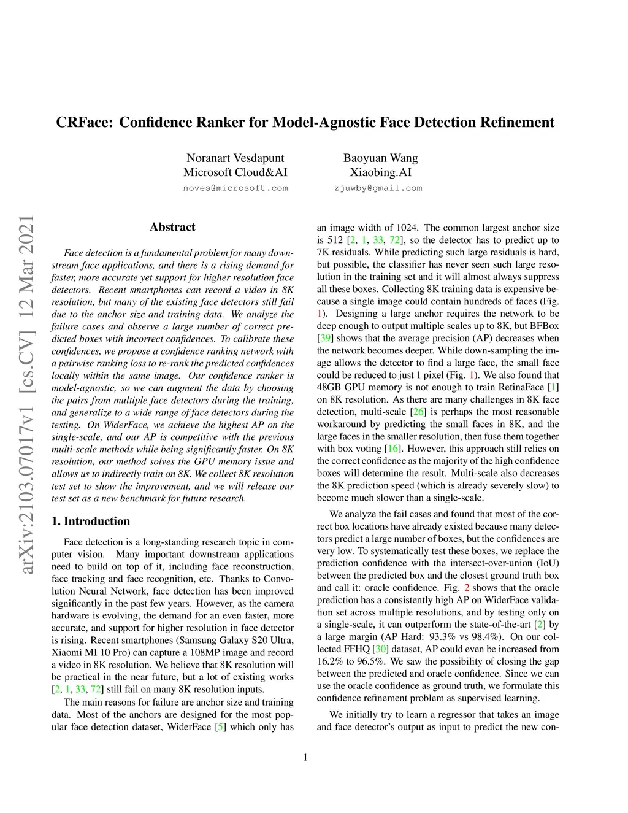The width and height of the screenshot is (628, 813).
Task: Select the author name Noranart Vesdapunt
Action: [235, 158]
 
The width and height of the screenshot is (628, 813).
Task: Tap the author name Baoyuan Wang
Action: [380, 158]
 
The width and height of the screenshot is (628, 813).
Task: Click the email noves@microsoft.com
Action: [235, 188]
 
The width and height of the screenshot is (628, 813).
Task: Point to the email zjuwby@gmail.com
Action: [378, 188]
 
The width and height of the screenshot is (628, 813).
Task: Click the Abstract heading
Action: [172, 227]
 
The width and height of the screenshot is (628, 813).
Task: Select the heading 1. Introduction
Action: [91, 522]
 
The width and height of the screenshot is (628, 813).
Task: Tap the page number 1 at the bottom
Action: [305, 758]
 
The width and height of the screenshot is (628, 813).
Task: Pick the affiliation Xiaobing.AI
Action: [380, 172]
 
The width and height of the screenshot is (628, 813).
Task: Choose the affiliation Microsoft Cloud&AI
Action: [235, 172]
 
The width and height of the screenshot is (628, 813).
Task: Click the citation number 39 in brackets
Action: [325, 338]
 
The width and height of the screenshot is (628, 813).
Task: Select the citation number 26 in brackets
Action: [418, 412]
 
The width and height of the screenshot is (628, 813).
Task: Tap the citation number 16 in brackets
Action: [392, 449]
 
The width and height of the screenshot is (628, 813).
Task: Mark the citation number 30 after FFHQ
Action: [381, 649]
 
